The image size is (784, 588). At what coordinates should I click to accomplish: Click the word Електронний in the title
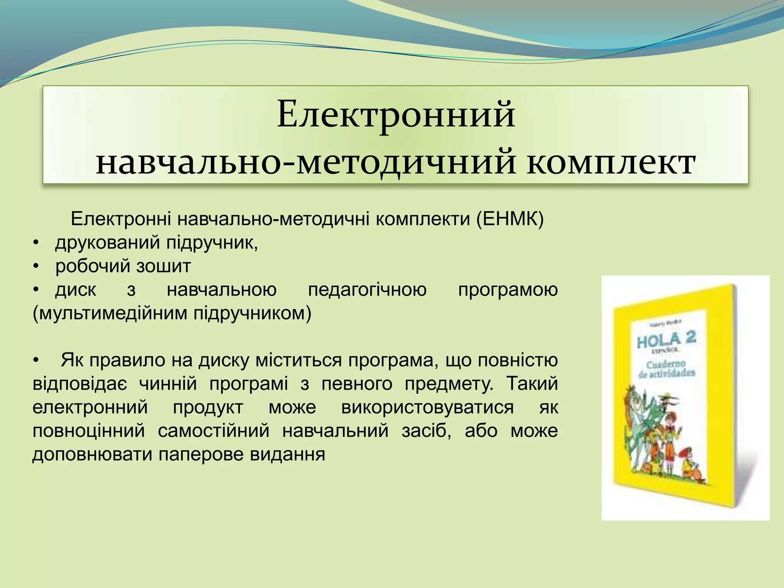pos(396,114)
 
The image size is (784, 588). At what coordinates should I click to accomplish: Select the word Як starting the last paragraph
pos(72,360)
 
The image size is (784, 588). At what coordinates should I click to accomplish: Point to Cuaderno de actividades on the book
pos(666,369)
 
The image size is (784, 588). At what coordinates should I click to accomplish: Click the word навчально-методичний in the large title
pos(306,163)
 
